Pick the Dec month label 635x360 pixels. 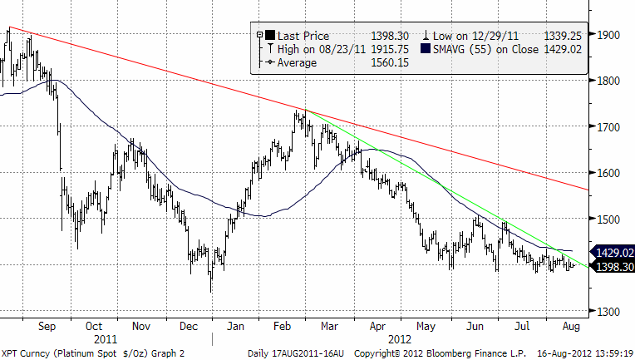[187, 327]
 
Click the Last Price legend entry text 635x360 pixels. [304, 36]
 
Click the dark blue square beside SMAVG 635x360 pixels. [426, 49]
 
